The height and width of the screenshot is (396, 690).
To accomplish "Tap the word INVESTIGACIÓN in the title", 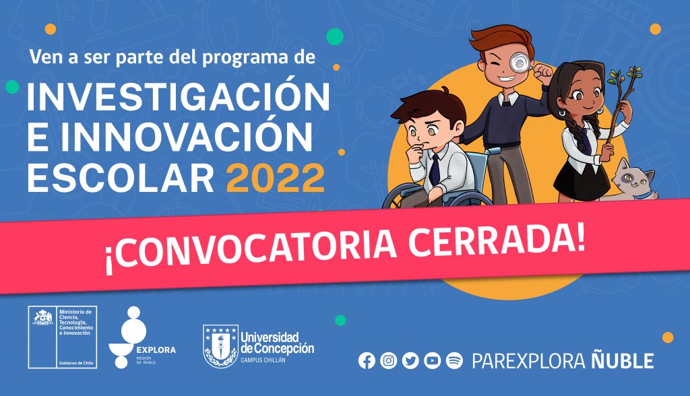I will tap(179, 99).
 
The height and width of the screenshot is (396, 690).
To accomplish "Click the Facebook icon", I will tap(367, 361).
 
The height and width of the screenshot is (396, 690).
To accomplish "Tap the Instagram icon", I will tap(388, 361).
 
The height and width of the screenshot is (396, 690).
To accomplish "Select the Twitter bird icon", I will tap(410, 361).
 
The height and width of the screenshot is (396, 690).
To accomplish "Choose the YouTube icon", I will tap(433, 361).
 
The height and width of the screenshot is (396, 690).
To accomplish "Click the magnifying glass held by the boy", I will tap(520, 63).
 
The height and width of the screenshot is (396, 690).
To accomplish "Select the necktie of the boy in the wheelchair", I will tap(435, 168).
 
